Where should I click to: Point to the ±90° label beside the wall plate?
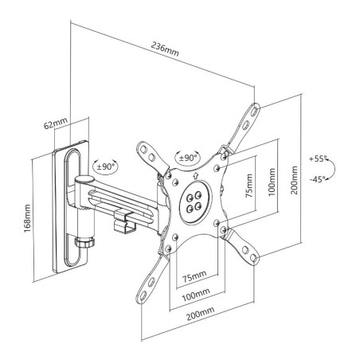105,167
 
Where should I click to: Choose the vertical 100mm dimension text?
272,184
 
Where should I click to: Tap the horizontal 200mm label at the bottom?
195,312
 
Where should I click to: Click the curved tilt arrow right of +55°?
338,169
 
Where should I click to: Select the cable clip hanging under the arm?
124,221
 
